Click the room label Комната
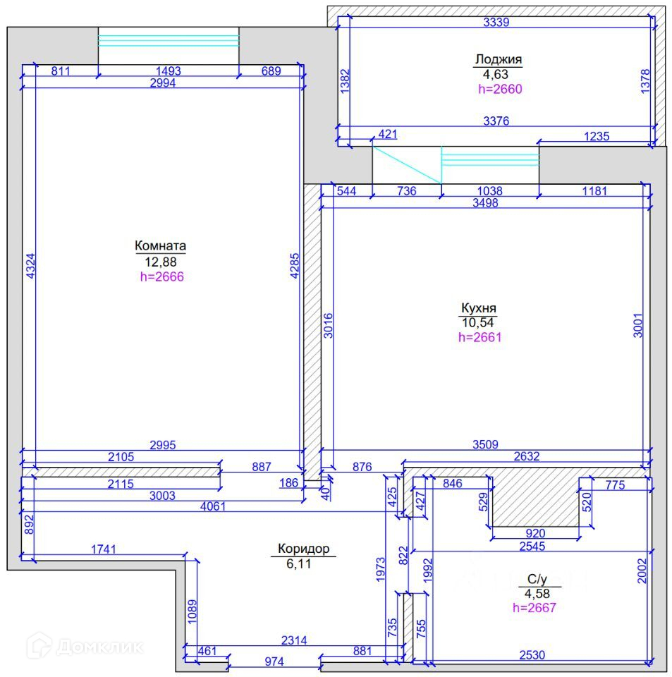click(x=161, y=245)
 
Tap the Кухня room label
click(x=479, y=308)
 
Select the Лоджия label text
click(x=499, y=59)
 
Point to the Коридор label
click(x=303, y=549)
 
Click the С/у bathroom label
click(x=537, y=579)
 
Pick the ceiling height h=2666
click(x=162, y=276)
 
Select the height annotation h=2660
click(x=500, y=89)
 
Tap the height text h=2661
click(x=480, y=337)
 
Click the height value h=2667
click(x=534, y=608)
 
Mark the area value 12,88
click(x=161, y=262)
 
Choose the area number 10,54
click(x=478, y=322)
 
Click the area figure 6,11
click(x=299, y=564)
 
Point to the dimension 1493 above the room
click(x=169, y=71)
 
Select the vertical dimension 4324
click(x=30, y=266)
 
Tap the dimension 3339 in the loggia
click(x=496, y=22)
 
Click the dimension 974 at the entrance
click(x=274, y=661)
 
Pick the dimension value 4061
click(x=213, y=506)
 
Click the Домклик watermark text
click(x=100, y=647)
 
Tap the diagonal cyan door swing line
click(x=407, y=165)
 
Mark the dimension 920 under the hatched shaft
click(x=535, y=533)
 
